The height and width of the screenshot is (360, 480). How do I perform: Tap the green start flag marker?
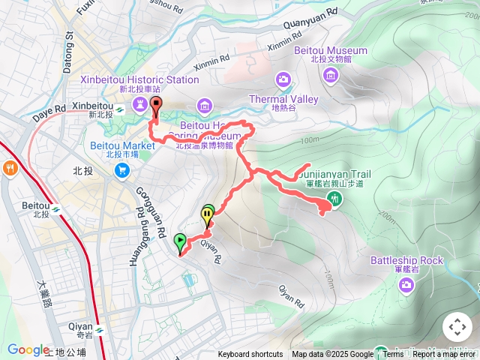coord(180,241)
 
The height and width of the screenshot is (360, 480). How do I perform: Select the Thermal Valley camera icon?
coord(283,79)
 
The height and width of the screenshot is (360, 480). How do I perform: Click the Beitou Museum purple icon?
coord(330,75)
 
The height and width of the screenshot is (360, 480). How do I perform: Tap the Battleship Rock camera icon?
coord(406,284)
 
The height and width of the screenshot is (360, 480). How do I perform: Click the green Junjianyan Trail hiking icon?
coord(334,199)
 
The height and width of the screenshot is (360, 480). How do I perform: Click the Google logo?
coord(28,349)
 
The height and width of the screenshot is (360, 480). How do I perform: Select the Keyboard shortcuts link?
coord(250,355)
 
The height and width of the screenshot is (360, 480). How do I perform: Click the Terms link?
coord(393,355)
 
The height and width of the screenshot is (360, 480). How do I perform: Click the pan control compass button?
coord(457,327)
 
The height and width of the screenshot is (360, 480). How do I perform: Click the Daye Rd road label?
coord(49,113)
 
